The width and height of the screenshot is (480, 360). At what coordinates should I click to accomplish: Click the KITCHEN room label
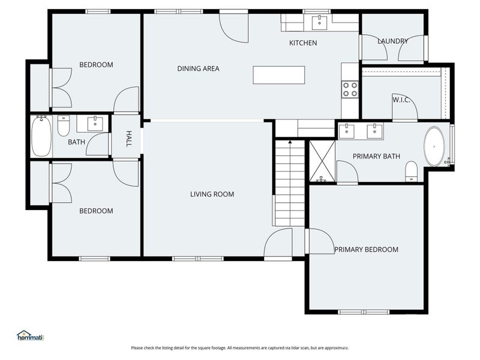pyautogui.click(x=303, y=43)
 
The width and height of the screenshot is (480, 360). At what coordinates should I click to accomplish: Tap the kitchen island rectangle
pyautogui.click(x=278, y=75)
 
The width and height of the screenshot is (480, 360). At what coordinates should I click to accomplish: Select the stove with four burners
pyautogui.click(x=350, y=89)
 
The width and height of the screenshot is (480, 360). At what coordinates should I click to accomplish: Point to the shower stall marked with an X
pyautogui.click(x=322, y=160)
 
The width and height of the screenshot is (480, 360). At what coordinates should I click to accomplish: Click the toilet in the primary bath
pyautogui.click(x=412, y=170)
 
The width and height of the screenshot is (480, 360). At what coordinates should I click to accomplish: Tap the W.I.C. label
pyautogui.click(x=401, y=99)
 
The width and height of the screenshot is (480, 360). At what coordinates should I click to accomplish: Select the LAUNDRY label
pyautogui.click(x=393, y=41)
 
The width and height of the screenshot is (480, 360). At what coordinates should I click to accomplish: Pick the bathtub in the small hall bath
pyautogui.click(x=41, y=136)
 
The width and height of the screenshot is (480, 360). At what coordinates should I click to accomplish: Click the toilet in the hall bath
pyautogui.click(x=64, y=126)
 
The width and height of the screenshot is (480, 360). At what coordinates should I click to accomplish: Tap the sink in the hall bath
pyautogui.click(x=95, y=124)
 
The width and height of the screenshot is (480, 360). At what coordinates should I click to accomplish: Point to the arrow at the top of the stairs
pyautogui.click(x=290, y=142)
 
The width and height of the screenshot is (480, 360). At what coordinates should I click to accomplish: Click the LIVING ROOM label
pyautogui.click(x=212, y=194)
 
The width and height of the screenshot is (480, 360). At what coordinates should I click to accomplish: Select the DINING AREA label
pyautogui.click(x=198, y=68)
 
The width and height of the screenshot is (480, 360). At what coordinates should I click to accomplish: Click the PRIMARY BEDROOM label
pyautogui.click(x=366, y=250)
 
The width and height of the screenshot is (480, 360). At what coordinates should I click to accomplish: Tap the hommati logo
pyautogui.click(x=31, y=336)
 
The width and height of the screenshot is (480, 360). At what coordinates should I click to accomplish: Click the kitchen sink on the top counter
pyautogui.click(x=319, y=22)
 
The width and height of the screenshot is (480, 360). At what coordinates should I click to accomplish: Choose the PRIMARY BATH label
pyautogui.click(x=376, y=157)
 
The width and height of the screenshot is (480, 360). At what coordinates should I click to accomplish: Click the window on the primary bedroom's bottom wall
pyautogui.click(x=364, y=311)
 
